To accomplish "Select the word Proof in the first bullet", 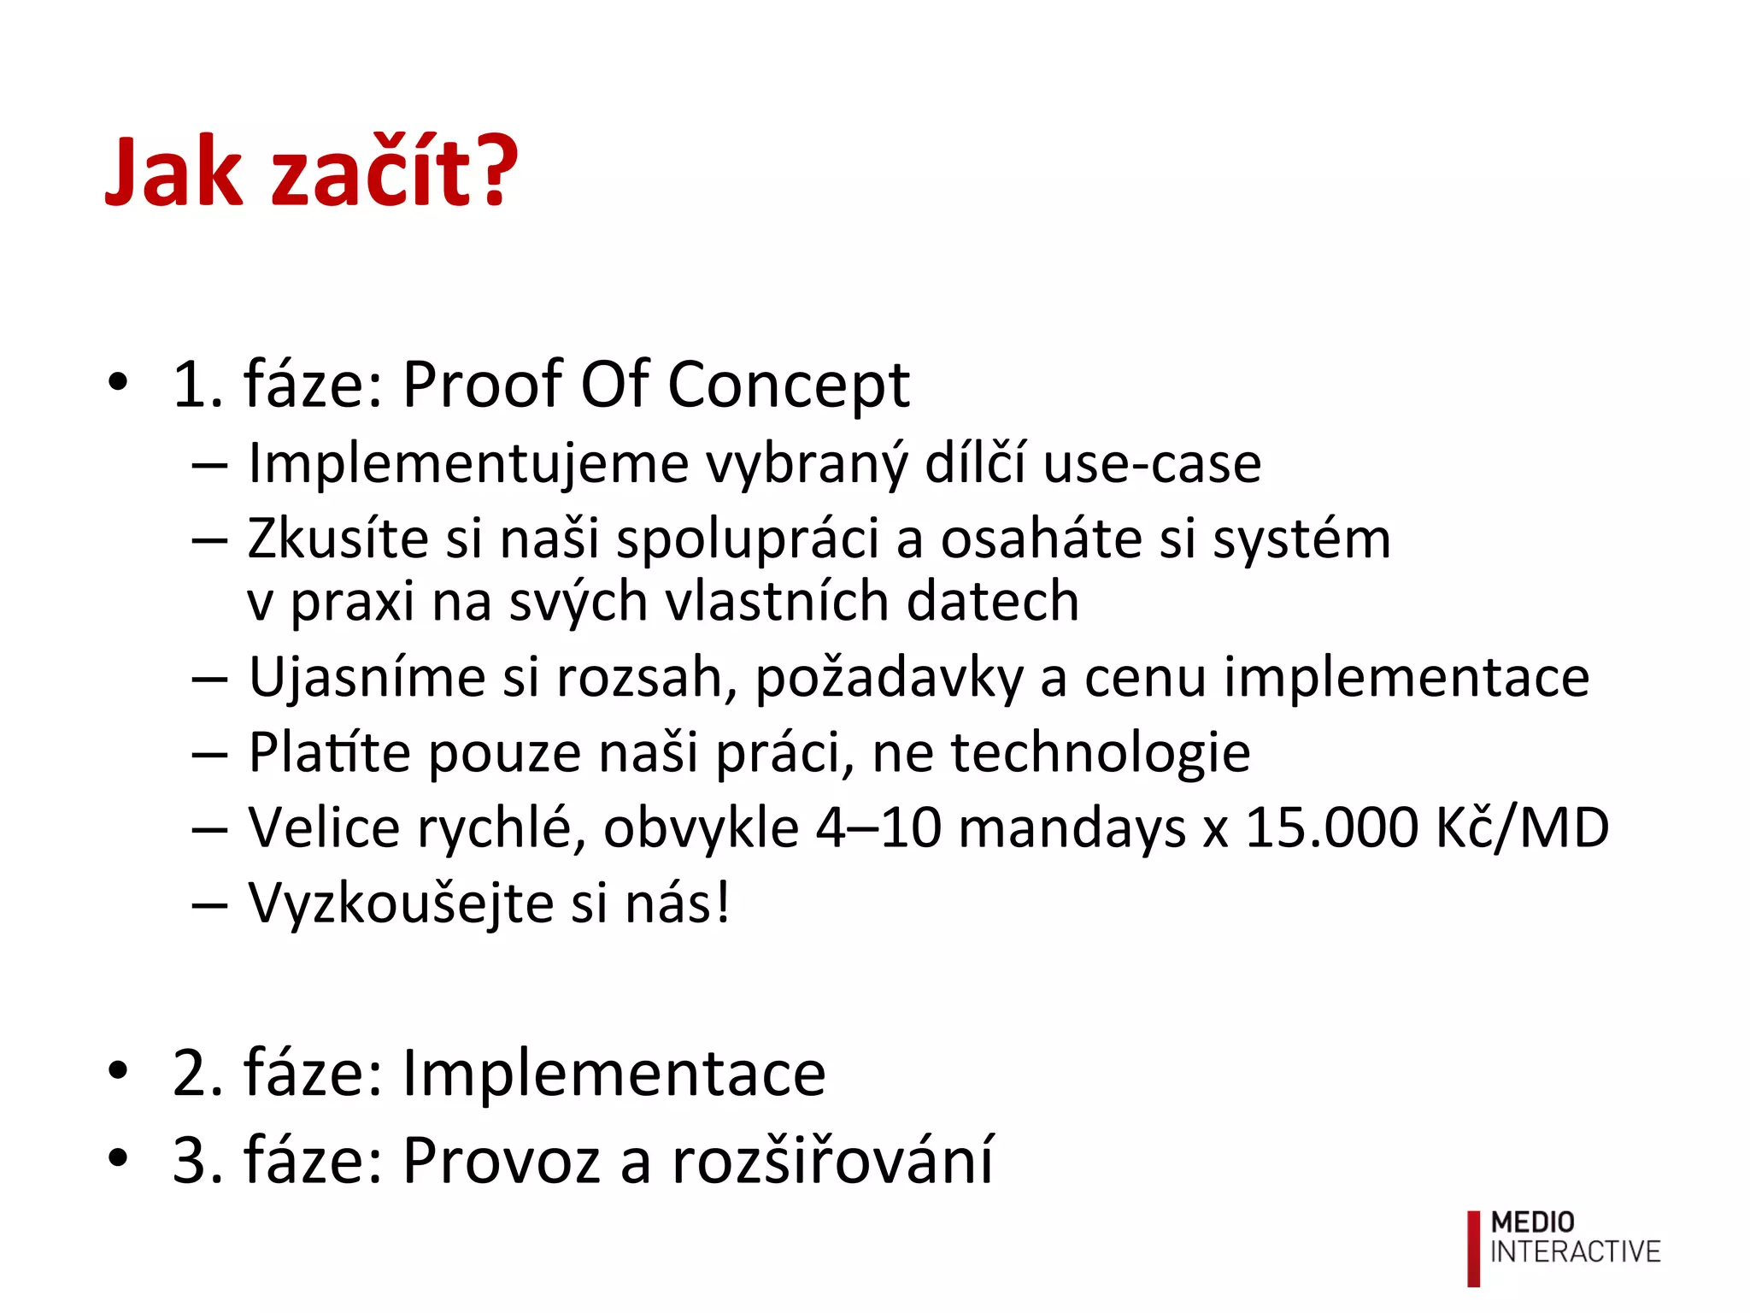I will click(482, 385).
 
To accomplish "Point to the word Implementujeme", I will click(468, 465).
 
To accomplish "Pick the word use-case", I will click(1152, 465).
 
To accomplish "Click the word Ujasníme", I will click(367, 677).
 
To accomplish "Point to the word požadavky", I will click(889, 679).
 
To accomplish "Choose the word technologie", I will click(1101, 754).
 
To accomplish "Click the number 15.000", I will click(1330, 827).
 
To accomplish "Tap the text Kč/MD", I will click(1523, 827).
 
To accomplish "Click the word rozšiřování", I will click(833, 1160).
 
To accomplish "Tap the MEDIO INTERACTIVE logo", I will click(1564, 1247).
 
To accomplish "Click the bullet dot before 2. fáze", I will click(118, 1070).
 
